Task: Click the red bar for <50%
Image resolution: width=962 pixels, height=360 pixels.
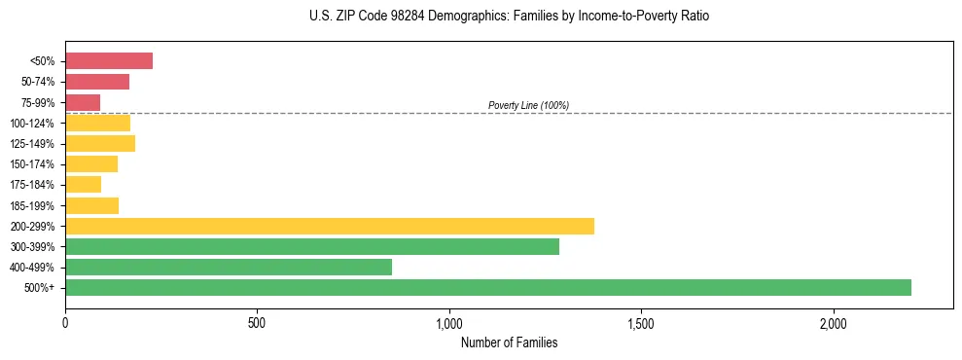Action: tap(109, 61)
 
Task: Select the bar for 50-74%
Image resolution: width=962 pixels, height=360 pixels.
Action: tap(97, 82)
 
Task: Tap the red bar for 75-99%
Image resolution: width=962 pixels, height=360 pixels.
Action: tap(83, 102)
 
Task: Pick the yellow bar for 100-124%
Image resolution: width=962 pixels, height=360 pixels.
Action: tap(97, 123)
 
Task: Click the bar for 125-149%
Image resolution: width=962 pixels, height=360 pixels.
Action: tap(100, 144)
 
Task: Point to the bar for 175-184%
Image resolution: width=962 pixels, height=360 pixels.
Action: tap(83, 185)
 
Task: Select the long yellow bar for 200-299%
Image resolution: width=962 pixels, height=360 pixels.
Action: tap(330, 226)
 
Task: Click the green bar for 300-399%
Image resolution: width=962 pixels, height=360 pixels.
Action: tap(312, 247)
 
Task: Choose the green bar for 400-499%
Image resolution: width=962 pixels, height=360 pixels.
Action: tap(229, 268)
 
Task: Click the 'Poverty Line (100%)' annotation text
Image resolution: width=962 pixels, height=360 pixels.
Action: tap(528, 105)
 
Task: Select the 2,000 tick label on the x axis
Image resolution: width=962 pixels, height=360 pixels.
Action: tap(834, 323)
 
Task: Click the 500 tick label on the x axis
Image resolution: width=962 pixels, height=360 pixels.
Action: tap(257, 323)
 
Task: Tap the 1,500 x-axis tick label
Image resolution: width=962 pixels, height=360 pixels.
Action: tap(641, 323)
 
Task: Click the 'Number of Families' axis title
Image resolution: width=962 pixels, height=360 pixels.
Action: tap(509, 342)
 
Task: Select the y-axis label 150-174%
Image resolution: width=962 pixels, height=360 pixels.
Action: tap(32, 164)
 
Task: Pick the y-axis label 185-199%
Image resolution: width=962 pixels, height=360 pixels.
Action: tap(32, 205)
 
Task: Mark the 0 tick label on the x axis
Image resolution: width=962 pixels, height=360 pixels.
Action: tap(65, 323)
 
